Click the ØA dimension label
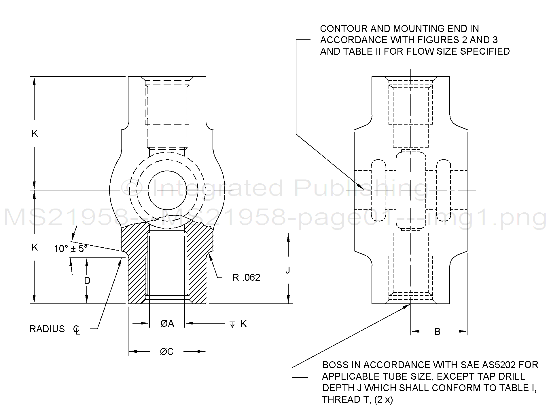(167, 324)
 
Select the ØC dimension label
(167, 351)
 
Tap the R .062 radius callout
(246, 278)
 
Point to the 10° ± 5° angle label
(71, 249)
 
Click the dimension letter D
(87, 281)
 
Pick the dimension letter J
(287, 270)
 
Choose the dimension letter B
(437, 332)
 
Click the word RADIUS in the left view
(47, 329)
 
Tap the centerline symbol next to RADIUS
(77, 330)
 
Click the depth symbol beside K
(232, 325)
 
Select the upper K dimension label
(35, 133)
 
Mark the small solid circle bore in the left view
(167, 190)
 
